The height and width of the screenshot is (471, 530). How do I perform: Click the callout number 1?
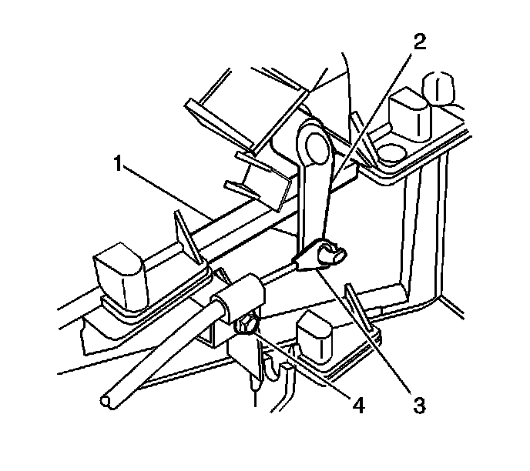click(x=118, y=164)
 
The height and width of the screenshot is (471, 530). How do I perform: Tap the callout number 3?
click(x=418, y=403)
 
